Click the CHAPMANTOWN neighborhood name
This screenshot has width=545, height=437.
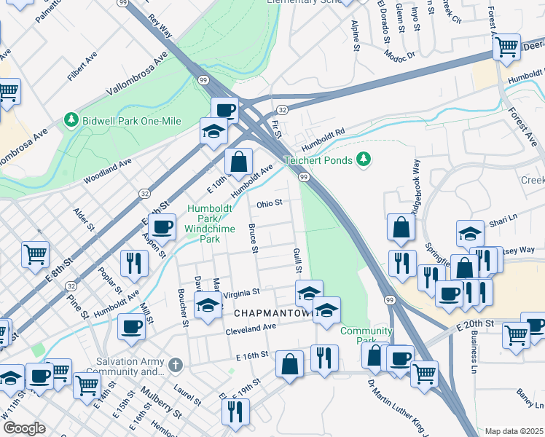point(273,312)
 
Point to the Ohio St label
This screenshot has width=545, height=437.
point(268,204)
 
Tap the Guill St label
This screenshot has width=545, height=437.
point(297,260)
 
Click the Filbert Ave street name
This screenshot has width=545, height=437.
point(82,64)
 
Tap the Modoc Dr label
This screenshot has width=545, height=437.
point(400,55)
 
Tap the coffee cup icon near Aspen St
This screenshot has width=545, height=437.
point(164,227)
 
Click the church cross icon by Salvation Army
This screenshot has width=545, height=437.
point(175,364)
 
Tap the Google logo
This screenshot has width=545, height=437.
point(23,428)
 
